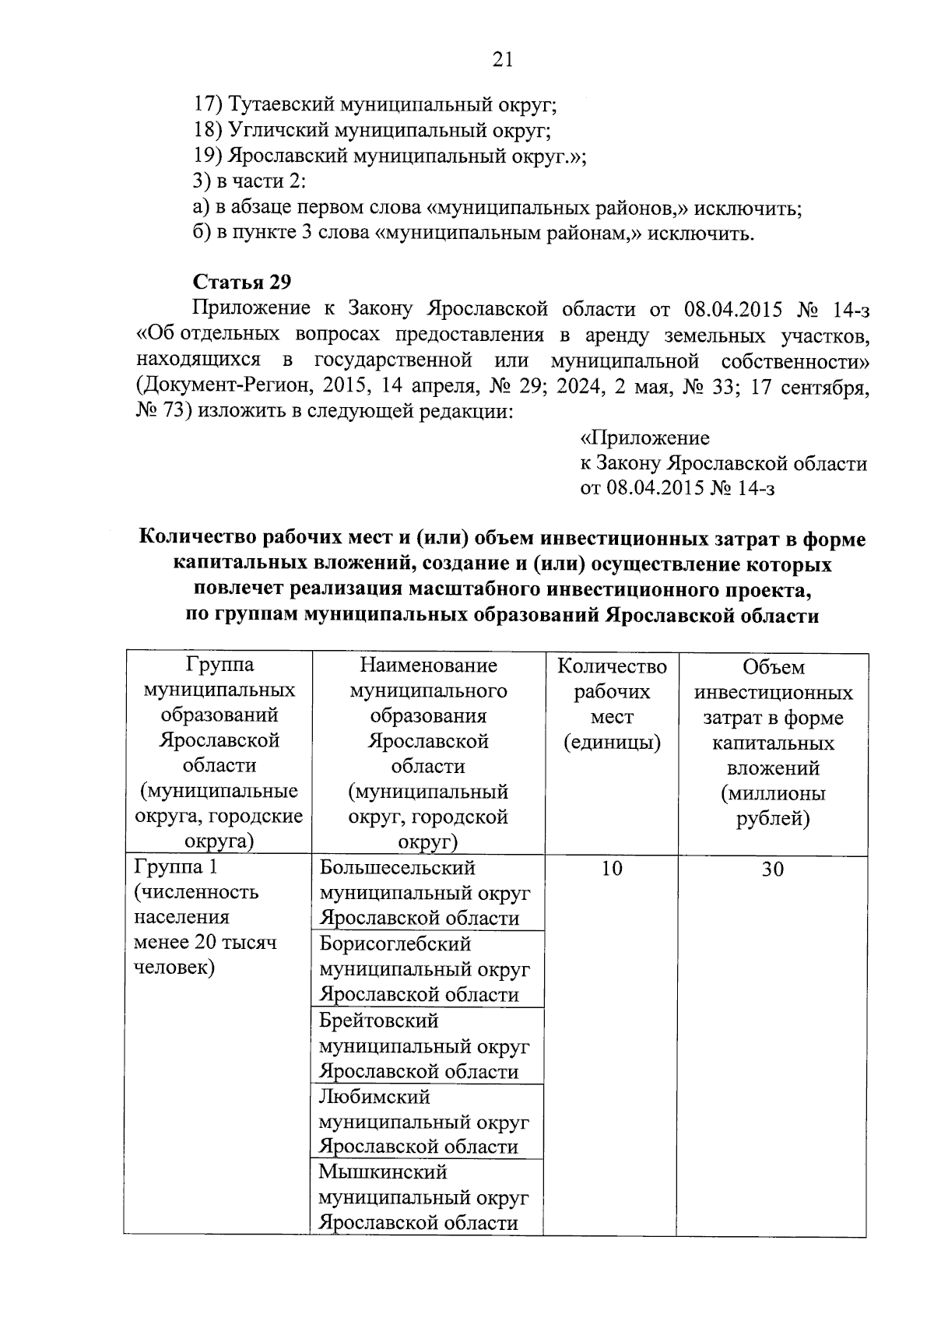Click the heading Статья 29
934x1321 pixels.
tap(241, 282)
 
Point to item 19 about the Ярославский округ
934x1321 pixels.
tap(389, 156)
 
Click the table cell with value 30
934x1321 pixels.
tap(772, 870)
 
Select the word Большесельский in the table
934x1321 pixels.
tap(397, 867)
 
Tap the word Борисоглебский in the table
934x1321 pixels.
tap(395, 944)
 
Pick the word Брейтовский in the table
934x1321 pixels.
tap(378, 1021)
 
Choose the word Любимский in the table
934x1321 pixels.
tap(374, 1097)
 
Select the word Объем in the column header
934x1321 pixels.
tap(773, 667)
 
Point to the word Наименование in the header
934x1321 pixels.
tap(428, 666)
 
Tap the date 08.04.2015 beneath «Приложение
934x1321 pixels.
tap(655, 489)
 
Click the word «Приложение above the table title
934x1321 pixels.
tap(644, 438)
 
